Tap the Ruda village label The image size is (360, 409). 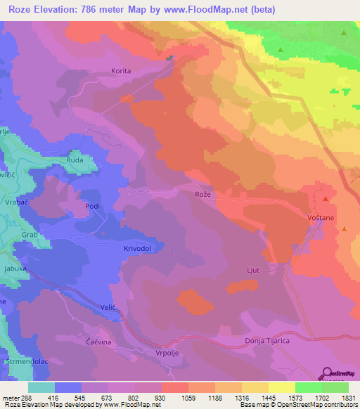point(75,160)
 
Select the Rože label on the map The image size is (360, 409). point(203,193)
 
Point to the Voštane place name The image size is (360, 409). point(321,219)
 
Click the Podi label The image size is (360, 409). point(92,206)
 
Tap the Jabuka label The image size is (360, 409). point(14,268)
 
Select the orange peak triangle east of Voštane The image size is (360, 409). point(345,228)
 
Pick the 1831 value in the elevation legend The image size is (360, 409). point(345,398)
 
